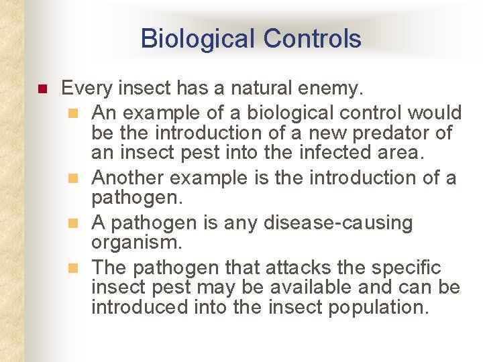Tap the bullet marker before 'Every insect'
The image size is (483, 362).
click(x=40, y=88)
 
